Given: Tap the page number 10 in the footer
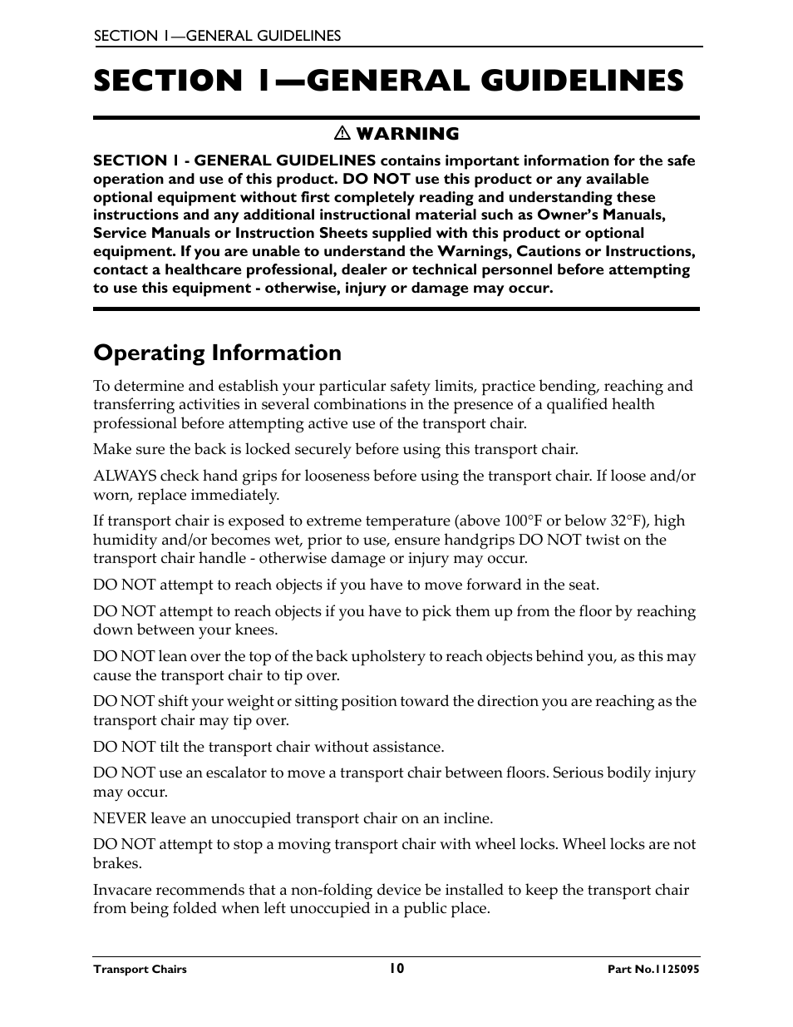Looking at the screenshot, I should (396, 968).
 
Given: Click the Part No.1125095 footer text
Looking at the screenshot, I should (653, 969).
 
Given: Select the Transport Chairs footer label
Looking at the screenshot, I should (140, 969).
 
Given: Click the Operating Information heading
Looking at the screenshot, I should (217, 353).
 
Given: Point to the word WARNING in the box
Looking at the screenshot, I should (407, 134).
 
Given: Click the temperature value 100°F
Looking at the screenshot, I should (523, 521).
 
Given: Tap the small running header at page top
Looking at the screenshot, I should (217, 36).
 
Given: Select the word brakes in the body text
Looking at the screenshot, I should (116, 863).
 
